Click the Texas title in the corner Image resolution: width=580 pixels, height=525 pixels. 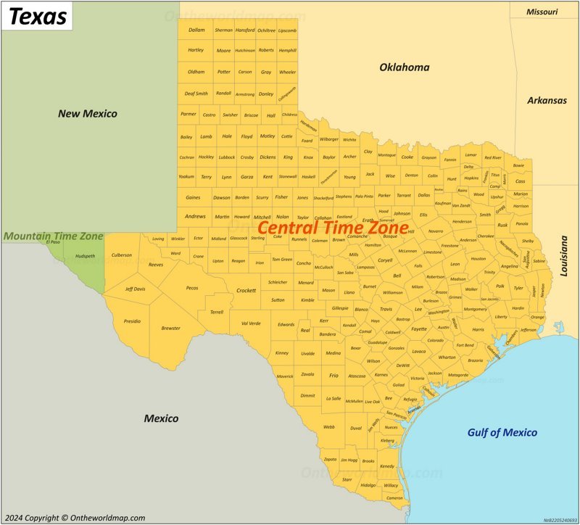pos(38,16)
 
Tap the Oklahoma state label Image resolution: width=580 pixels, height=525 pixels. pos(404,67)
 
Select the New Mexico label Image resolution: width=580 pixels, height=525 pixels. pos(88,114)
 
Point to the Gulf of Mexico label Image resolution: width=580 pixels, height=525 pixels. pos(502,433)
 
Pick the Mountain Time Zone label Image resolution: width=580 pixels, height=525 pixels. pos(53,236)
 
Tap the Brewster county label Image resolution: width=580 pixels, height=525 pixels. pos(171,328)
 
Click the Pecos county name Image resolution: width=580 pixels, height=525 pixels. pos(192,288)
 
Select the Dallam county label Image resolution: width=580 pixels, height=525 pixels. pos(196,30)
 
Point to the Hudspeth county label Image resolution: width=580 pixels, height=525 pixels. pos(86,256)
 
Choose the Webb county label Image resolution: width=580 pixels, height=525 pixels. pos(329,427)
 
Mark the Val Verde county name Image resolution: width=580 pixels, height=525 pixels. pos(250,323)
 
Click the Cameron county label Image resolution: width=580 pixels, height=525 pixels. pos(394,498)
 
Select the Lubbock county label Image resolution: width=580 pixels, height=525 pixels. pos(227,157)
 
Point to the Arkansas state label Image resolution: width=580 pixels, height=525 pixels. pos(547,101)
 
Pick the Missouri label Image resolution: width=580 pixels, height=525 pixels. pos(542,12)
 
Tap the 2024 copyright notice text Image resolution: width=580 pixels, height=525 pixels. pos(75,518)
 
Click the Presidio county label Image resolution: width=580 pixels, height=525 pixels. pos(132,321)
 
